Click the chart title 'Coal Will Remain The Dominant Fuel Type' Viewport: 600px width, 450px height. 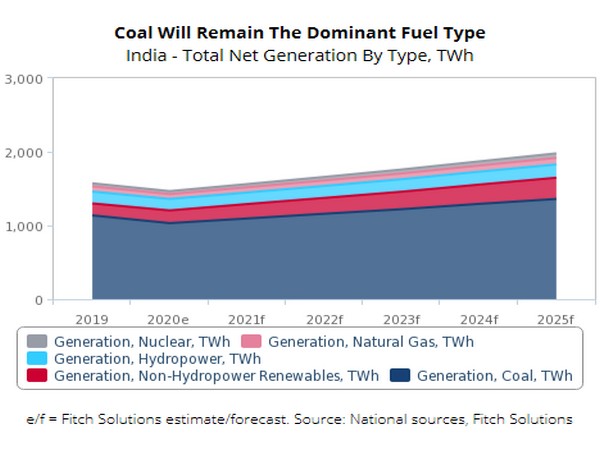coord(299,34)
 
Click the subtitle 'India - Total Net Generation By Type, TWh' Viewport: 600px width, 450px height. coord(299,56)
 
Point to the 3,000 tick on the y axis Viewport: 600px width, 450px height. coord(24,79)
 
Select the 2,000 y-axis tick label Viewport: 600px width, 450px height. coord(24,153)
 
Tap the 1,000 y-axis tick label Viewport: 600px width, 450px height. coord(24,227)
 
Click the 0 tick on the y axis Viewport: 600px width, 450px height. coord(38,300)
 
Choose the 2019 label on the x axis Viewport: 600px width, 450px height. coord(92,319)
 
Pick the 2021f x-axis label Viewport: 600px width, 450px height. coord(247,319)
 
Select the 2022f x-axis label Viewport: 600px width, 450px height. coord(324,319)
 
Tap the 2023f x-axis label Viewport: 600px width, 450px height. coord(401,319)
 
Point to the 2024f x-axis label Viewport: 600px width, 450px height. coord(479,319)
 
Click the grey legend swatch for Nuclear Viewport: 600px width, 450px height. coord(37,341)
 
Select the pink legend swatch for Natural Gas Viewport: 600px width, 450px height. coord(252,341)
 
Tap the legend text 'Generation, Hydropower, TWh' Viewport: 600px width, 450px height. coord(157,358)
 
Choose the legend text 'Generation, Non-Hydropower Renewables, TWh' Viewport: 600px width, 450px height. coord(217,376)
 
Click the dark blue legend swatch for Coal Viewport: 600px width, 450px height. coord(400,376)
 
